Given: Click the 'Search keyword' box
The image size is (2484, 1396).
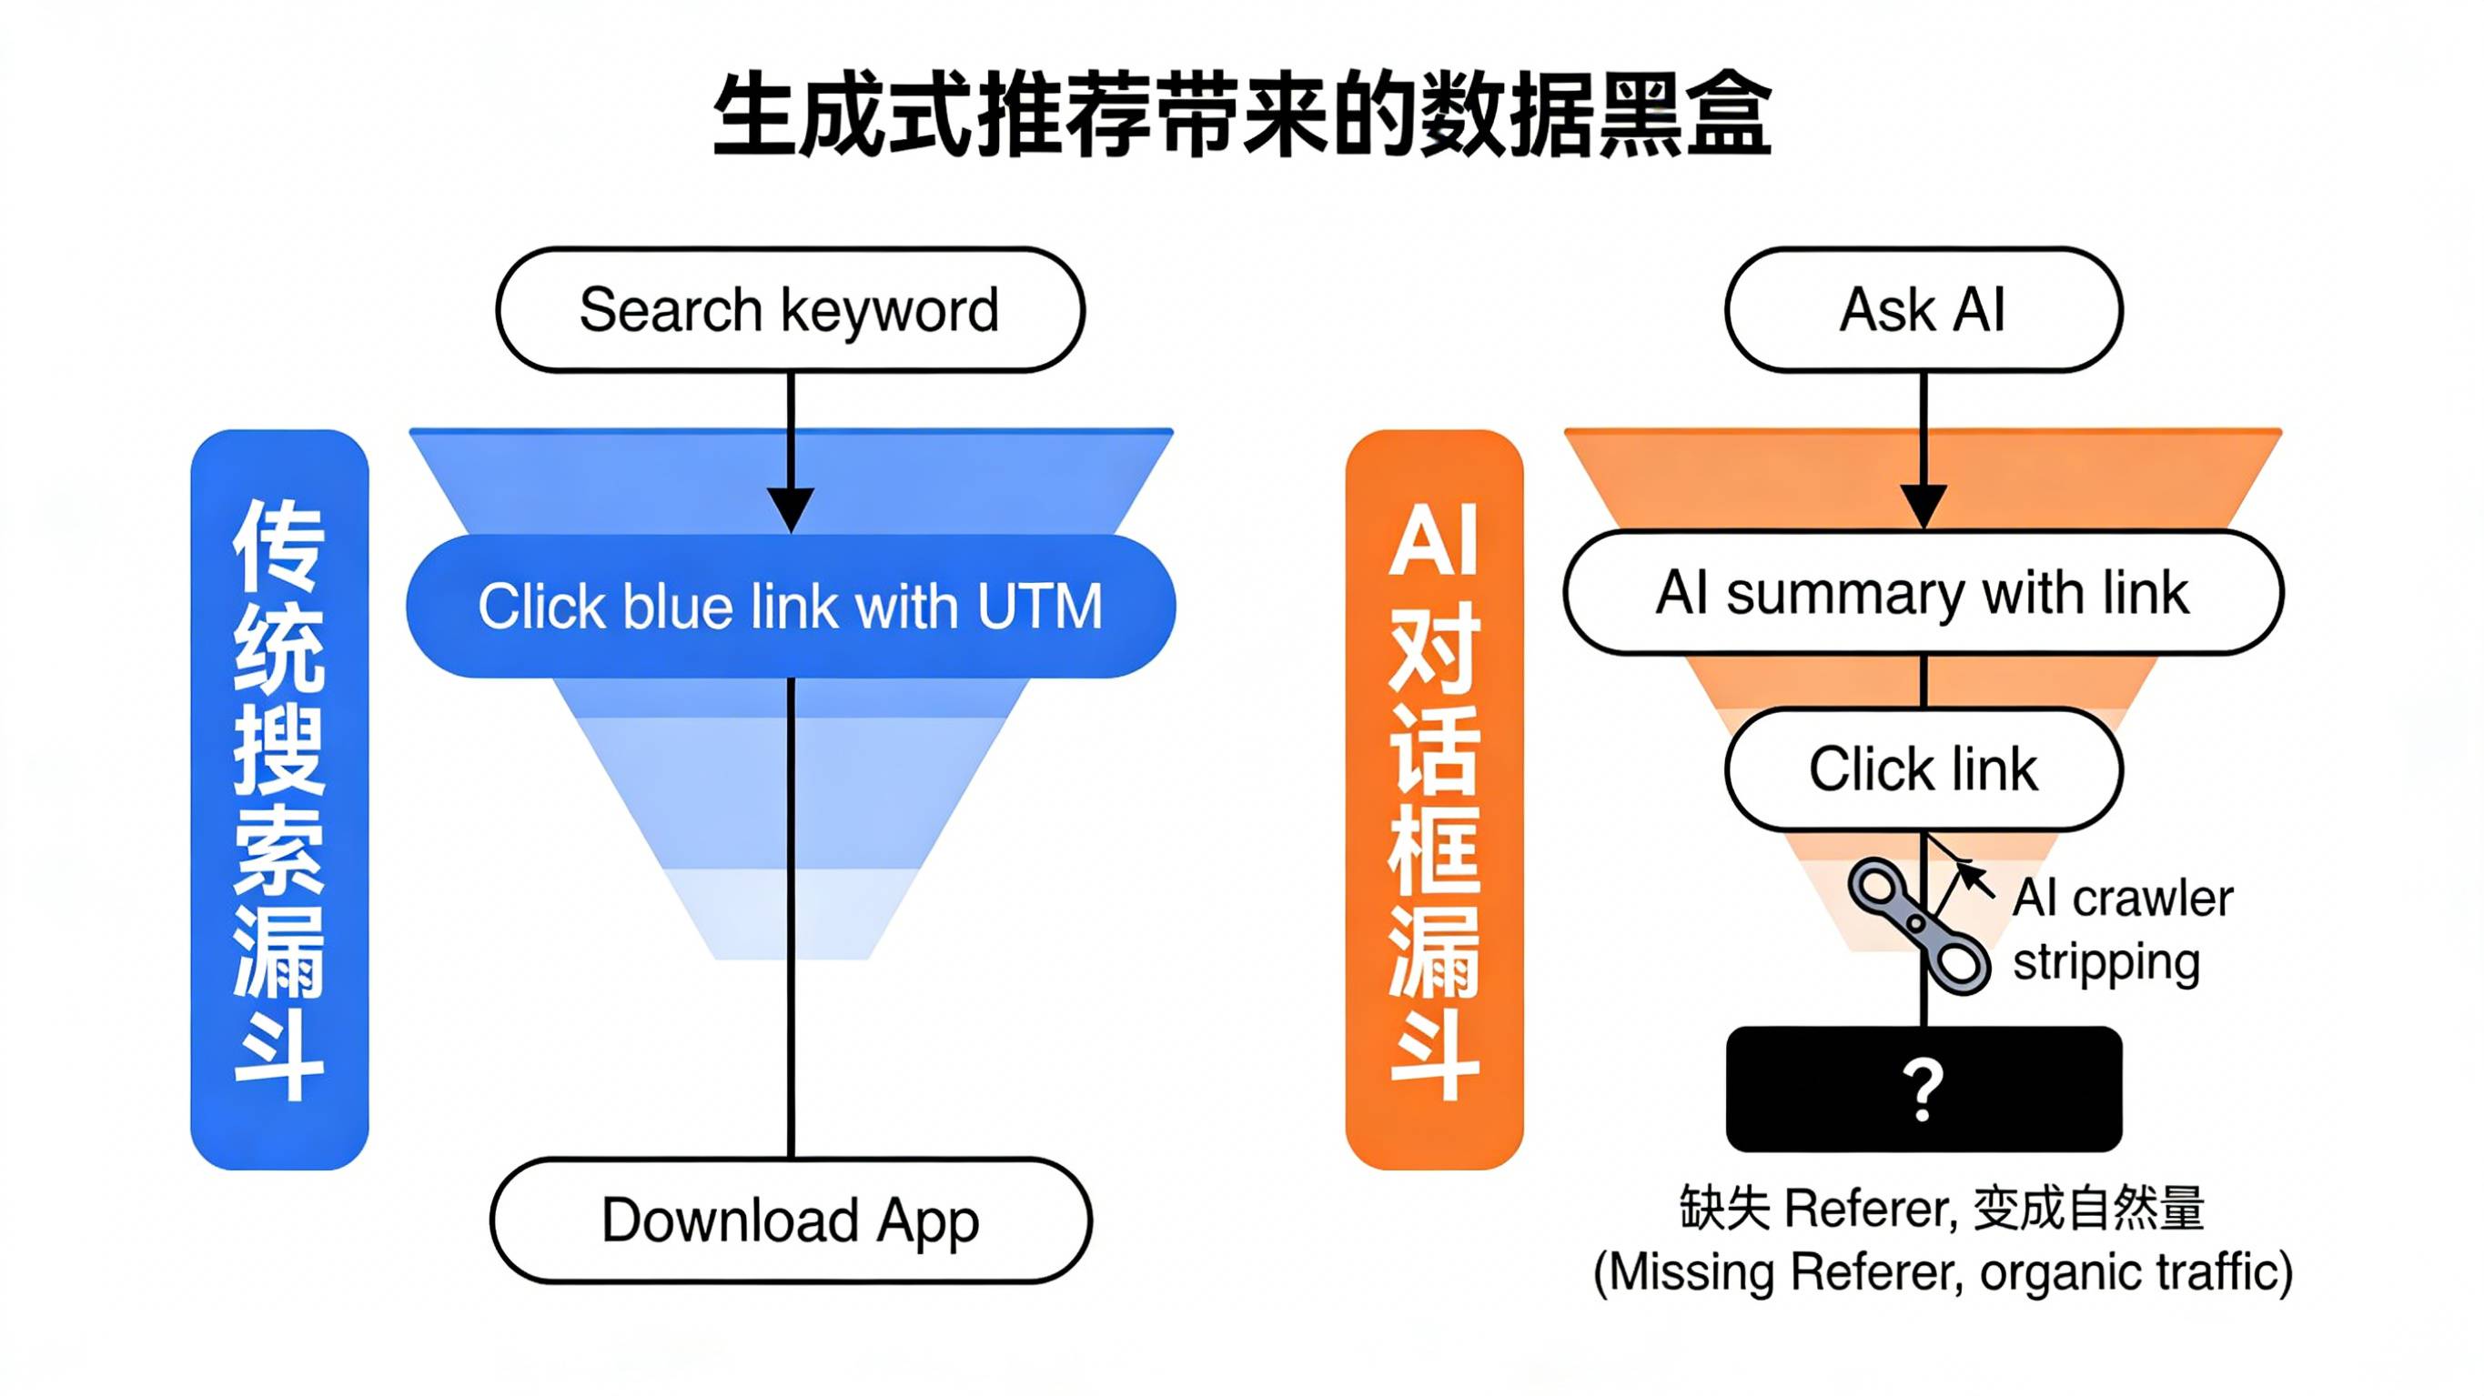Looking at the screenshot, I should click(790, 309).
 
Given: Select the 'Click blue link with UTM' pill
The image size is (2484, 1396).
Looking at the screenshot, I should click(790, 607).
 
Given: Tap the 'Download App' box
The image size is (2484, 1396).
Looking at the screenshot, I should click(790, 1220).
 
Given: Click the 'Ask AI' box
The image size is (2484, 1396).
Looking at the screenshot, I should click(1923, 309).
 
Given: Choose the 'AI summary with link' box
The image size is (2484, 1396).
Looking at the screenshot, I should click(1923, 592).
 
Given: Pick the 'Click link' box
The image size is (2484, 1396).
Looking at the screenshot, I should click(1923, 769).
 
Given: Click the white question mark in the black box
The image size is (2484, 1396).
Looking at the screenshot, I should click(1923, 1090).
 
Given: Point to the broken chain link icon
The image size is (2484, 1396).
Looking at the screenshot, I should click(1918, 926).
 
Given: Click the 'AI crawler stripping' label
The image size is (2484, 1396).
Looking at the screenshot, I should click(2122, 930).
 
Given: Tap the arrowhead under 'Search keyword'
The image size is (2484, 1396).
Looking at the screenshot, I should click(791, 507).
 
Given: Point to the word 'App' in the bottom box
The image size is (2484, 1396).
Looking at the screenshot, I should click(928, 1222).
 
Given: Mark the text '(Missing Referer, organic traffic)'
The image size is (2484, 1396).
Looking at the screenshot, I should click(1942, 1271).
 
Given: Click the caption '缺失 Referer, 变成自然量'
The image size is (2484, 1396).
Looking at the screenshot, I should click(1942, 1208).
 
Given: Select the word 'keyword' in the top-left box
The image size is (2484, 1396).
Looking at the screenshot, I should click(889, 311).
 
